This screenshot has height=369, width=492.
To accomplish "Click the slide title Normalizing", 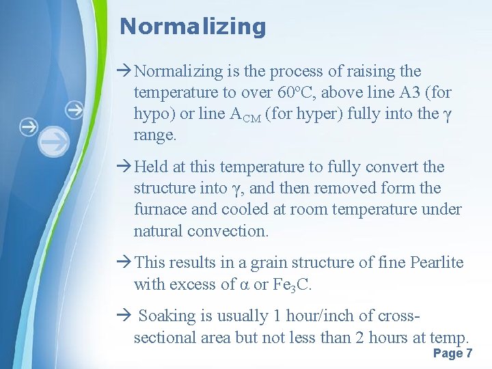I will [x=192, y=27].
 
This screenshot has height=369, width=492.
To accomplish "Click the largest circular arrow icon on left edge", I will [x=54, y=141].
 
